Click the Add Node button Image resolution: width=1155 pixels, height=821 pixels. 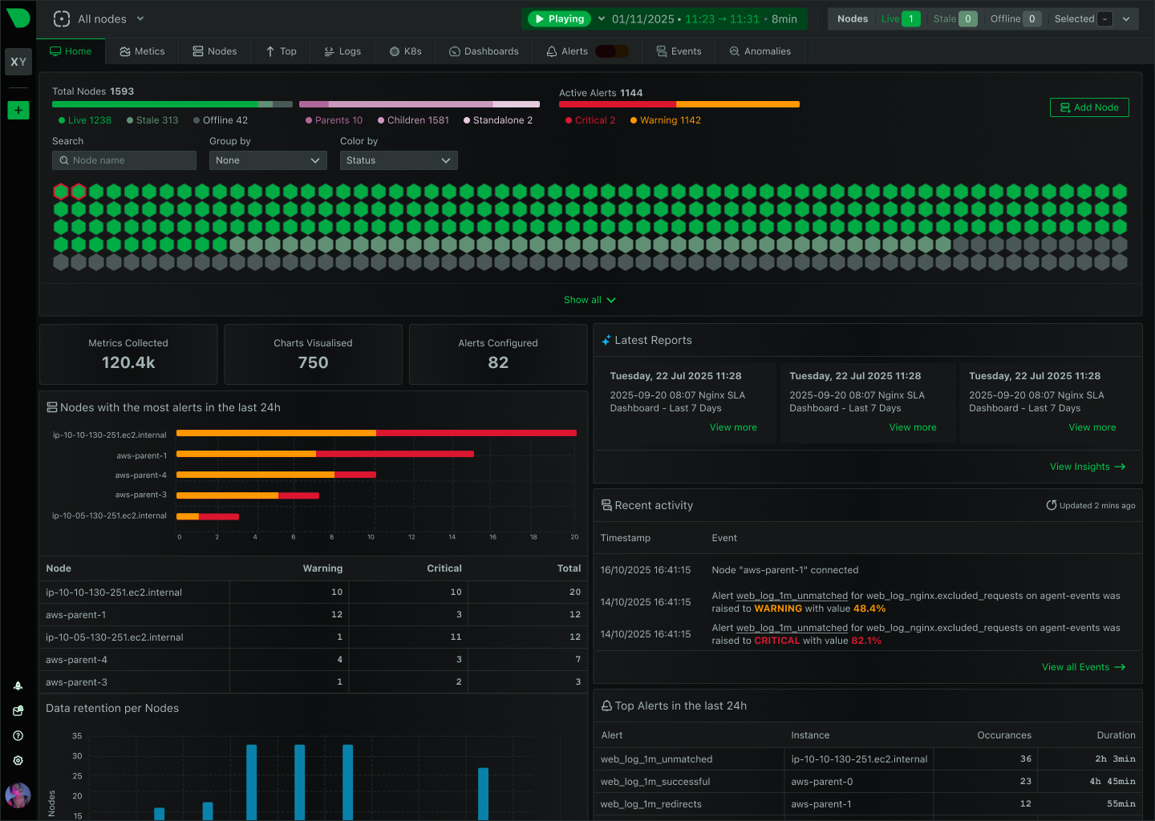pyautogui.click(x=1088, y=107)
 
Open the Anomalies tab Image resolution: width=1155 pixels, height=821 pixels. pyautogui.click(x=760, y=51)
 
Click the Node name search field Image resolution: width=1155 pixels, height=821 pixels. pyautogui.click(x=124, y=160)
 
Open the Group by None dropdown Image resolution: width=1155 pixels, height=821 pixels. pyautogui.click(x=268, y=160)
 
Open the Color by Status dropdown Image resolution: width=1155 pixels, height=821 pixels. pyautogui.click(x=399, y=160)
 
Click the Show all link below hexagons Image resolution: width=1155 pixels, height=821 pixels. pyautogui.click(x=590, y=300)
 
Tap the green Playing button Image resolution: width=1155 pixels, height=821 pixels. pyautogui.click(x=559, y=18)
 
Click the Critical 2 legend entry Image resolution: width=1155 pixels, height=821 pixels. pyautogui.click(x=590, y=120)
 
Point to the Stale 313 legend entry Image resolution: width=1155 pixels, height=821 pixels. pyautogui.click(x=152, y=120)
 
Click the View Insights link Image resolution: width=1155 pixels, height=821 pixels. pyautogui.click(x=1087, y=467)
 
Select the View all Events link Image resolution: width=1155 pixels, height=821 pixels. pyautogui.click(x=1083, y=667)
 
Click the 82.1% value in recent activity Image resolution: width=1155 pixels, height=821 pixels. pyautogui.click(x=866, y=641)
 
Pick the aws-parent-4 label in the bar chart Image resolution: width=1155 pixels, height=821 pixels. pyautogui.click(x=141, y=475)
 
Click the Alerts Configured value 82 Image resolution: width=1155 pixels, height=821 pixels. pyautogui.click(x=498, y=362)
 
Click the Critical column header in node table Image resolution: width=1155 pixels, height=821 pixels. pyautogui.click(x=444, y=568)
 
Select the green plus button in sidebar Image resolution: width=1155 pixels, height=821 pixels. pyautogui.click(x=18, y=110)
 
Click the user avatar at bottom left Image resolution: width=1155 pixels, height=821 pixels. pyautogui.click(x=18, y=795)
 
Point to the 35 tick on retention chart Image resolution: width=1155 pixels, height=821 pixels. pyautogui.click(x=77, y=735)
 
